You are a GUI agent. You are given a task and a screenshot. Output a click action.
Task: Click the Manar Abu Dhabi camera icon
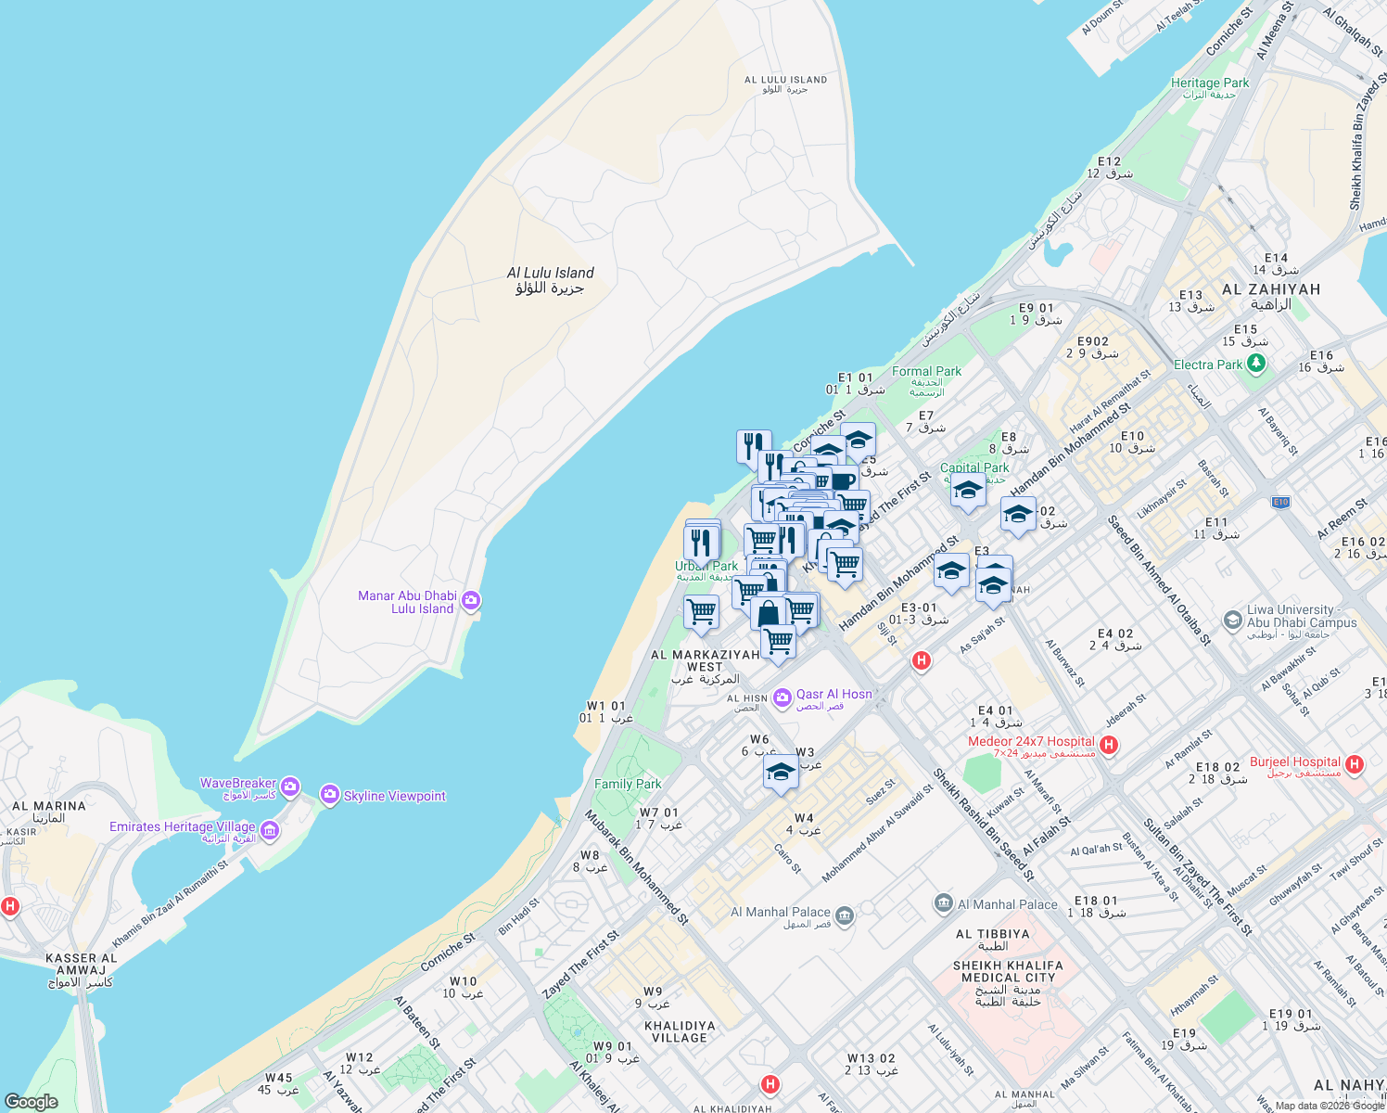click(x=471, y=601)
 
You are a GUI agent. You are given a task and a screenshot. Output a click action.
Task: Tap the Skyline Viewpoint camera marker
click(x=329, y=795)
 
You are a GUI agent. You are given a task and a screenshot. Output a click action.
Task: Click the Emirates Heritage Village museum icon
click(x=270, y=830)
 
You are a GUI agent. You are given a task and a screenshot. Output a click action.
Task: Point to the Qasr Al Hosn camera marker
click(x=783, y=696)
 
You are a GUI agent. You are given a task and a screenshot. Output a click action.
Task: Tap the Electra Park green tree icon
click(x=1256, y=365)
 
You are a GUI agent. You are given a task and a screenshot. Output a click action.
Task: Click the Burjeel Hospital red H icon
click(x=1355, y=765)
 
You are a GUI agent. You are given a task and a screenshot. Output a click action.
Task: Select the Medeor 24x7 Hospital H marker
click(x=1108, y=746)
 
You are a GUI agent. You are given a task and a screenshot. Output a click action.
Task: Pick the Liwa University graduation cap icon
click(x=1232, y=620)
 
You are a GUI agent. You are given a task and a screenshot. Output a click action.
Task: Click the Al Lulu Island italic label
click(x=550, y=273)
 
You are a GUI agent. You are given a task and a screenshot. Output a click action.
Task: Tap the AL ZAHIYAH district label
click(x=1271, y=289)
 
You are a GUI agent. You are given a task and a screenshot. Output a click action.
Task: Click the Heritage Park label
click(x=1209, y=83)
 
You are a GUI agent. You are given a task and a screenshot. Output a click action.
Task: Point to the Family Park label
click(x=628, y=784)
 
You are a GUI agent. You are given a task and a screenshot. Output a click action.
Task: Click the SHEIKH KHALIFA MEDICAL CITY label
click(x=1008, y=971)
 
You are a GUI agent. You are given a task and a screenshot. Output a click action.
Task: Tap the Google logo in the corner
click(x=32, y=1101)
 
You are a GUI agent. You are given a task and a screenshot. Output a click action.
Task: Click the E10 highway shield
click(x=1280, y=502)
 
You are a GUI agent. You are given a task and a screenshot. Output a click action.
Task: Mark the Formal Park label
click(x=926, y=371)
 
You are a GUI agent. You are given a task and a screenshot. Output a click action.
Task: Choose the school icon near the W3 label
click(x=781, y=772)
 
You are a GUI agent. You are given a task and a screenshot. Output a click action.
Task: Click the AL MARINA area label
click(x=49, y=806)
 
